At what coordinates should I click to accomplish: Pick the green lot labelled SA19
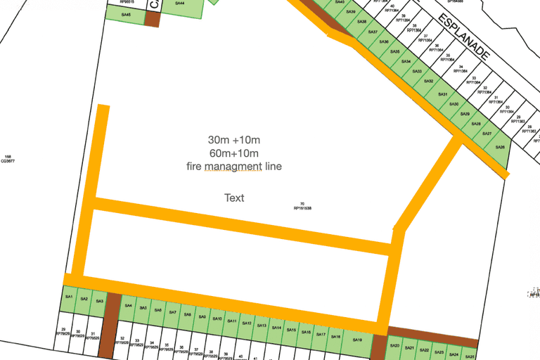pyautogui.click(x=357, y=340)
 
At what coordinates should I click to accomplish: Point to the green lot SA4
pyautogui.click(x=128, y=306)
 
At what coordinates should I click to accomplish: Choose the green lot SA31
pyautogui.click(x=442, y=94)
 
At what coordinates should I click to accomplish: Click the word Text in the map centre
pyautogui.click(x=234, y=198)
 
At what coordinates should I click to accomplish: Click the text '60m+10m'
pyautogui.click(x=233, y=153)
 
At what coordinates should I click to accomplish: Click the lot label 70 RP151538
pyautogui.click(x=302, y=206)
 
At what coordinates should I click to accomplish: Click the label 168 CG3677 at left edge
pyautogui.click(x=8, y=159)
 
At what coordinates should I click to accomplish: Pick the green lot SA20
pyautogui.click(x=394, y=346)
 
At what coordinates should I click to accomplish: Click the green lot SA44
pyautogui.click(x=180, y=4)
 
